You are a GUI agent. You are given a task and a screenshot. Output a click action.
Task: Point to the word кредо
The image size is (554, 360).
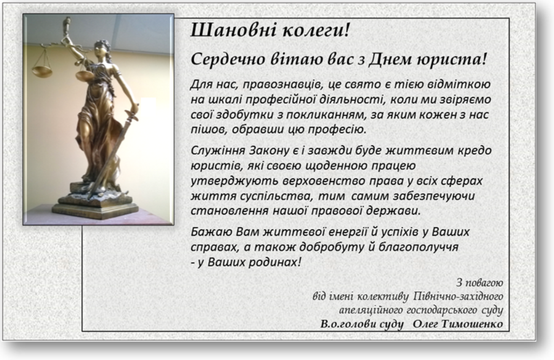(x=475, y=150)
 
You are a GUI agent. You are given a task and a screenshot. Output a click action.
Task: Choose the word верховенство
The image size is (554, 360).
(x=324, y=181)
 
